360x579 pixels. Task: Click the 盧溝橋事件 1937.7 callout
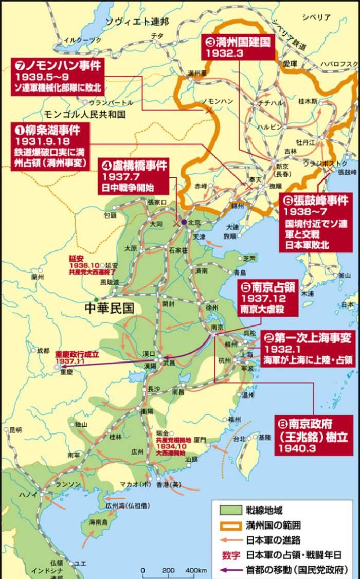[x=135, y=175]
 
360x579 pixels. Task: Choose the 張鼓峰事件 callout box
[x=318, y=223]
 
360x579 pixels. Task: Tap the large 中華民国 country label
[x=110, y=307]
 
